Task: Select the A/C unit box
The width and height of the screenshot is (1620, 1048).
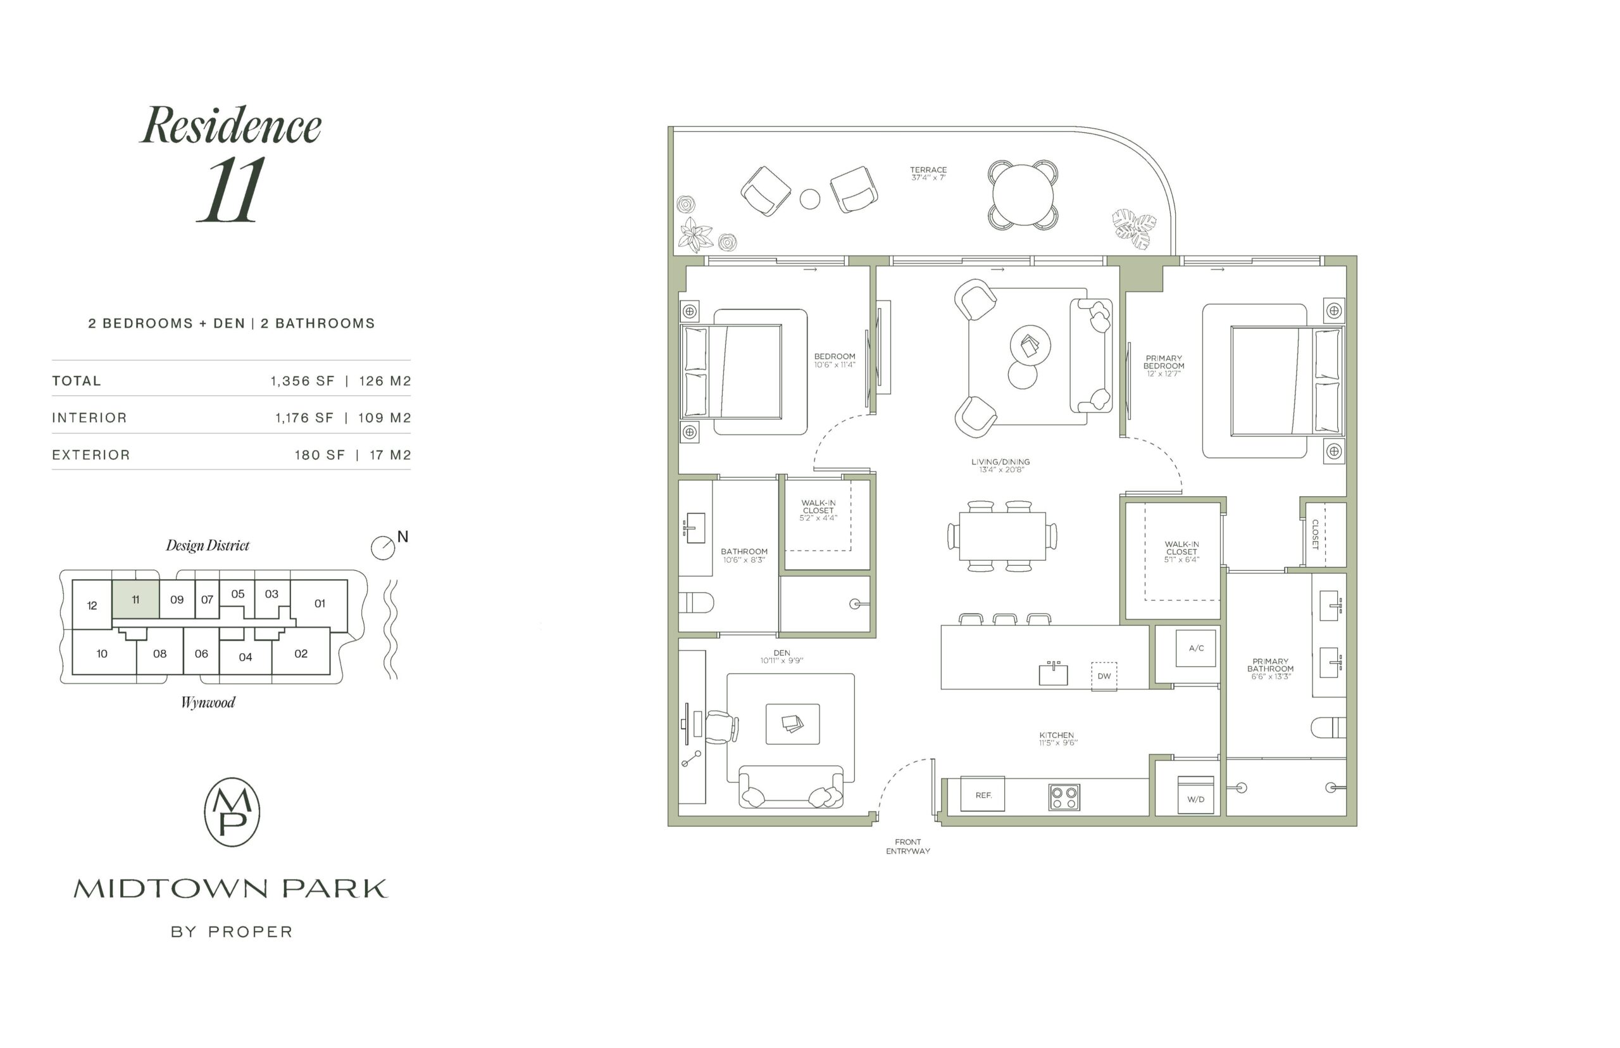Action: (1195, 648)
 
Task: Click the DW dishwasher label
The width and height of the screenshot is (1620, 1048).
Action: (1104, 676)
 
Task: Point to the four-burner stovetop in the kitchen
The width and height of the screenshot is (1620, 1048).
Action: (1064, 797)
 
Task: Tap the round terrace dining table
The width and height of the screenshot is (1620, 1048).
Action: (1022, 196)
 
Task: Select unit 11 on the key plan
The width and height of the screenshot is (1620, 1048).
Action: (135, 599)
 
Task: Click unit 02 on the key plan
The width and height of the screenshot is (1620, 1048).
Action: (301, 653)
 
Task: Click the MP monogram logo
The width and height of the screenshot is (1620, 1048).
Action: (232, 812)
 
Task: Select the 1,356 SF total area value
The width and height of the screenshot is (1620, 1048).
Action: (302, 381)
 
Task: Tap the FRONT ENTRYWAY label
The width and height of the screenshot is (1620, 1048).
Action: (907, 847)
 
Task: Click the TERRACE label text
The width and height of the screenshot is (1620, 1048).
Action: (928, 170)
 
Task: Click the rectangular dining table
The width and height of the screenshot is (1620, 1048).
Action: (1002, 535)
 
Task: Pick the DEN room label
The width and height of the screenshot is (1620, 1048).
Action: (781, 652)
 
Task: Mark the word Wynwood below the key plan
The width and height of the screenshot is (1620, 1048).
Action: (208, 703)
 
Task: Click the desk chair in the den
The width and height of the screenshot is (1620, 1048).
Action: (722, 728)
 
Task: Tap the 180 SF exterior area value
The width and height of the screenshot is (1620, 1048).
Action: (320, 455)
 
